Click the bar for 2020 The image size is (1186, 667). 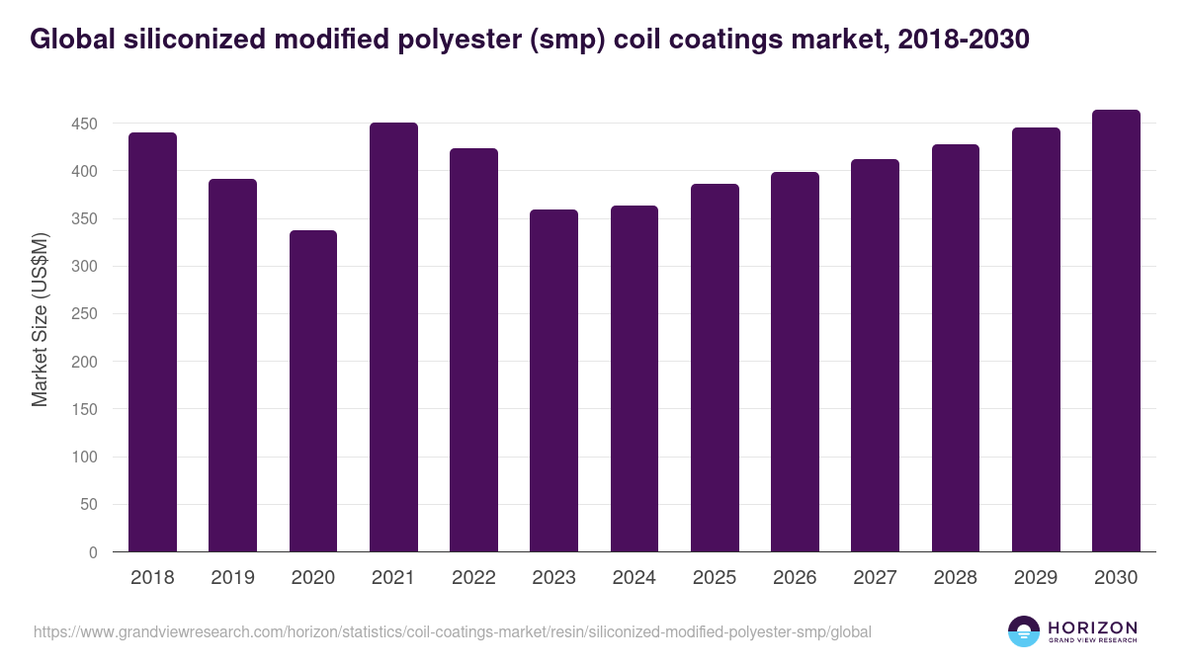click(x=313, y=391)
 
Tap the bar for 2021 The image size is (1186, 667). click(x=393, y=337)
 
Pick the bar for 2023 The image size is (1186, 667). click(x=553, y=380)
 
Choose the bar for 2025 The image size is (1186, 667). click(x=715, y=368)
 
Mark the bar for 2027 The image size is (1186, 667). click(x=875, y=356)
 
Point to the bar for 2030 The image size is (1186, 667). click(x=1116, y=331)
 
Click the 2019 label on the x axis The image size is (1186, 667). click(x=232, y=578)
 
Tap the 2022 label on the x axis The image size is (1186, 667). click(x=473, y=578)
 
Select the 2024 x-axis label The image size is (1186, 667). click(x=634, y=578)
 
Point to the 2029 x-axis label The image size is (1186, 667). click(x=1036, y=578)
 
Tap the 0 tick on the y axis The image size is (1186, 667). click(x=93, y=553)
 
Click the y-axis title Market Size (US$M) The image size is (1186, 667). click(x=40, y=318)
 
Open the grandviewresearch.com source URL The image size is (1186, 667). click(x=453, y=631)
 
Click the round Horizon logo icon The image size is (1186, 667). click(x=1024, y=631)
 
